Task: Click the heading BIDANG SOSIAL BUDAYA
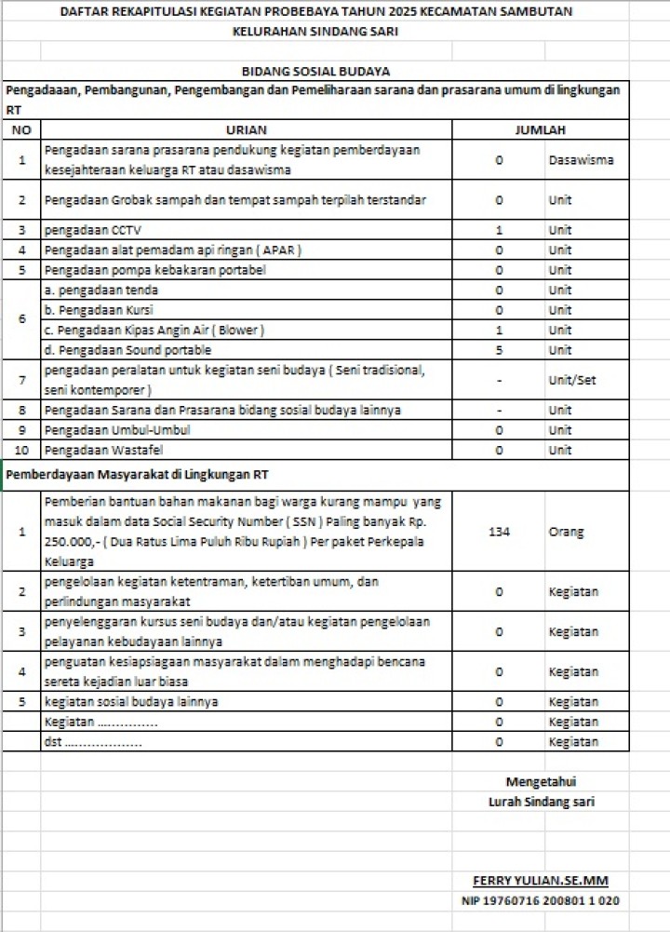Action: [315, 71]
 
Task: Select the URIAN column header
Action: [246, 131]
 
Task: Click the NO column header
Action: [21, 131]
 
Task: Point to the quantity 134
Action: [499, 532]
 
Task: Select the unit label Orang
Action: [566, 532]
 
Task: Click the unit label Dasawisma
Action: [581, 160]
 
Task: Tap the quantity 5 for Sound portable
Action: [499, 350]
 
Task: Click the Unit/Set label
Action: [572, 380]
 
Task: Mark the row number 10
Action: [21, 451]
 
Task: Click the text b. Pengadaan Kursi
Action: [100, 310]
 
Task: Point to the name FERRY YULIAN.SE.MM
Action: [541, 881]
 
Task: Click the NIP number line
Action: [541, 901]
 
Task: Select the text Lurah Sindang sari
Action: [541, 802]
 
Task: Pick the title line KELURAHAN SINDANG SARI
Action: [315, 31]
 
